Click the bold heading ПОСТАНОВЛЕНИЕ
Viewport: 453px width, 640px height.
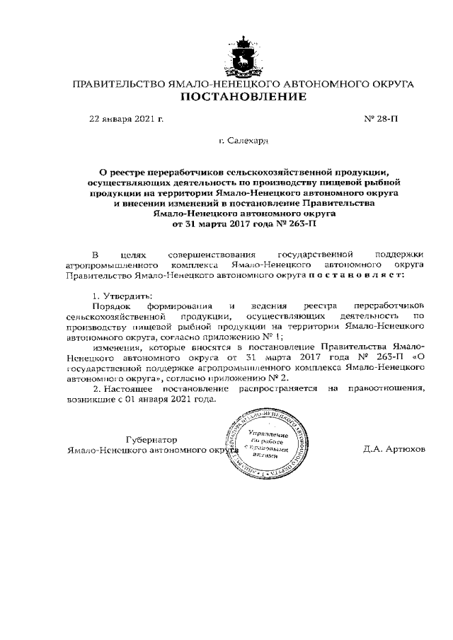tap(243, 97)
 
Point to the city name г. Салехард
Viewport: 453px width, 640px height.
tap(243, 141)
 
